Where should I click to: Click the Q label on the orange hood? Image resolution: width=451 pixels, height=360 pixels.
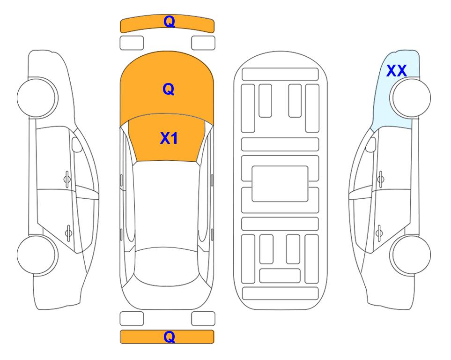coord(169,89)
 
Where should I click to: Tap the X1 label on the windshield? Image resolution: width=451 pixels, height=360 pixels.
coord(169,138)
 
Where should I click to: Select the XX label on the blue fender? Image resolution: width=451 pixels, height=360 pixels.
coord(396,71)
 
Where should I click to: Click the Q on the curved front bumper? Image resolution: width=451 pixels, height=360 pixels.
coord(169,22)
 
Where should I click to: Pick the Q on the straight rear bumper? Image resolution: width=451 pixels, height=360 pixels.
coord(169,337)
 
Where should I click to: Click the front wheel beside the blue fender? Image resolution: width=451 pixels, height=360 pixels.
coord(410,98)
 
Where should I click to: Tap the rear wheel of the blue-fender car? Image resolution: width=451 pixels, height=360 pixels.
coord(410,255)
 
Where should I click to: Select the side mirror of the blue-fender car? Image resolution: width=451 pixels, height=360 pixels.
coord(371,144)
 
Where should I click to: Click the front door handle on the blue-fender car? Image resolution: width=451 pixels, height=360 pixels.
coord(381,179)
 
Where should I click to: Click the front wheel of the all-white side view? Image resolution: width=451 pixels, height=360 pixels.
coord(37,98)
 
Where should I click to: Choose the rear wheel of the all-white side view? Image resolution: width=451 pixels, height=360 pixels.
coord(37,255)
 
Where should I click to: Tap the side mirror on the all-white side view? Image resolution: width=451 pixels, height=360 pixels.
coord(77,144)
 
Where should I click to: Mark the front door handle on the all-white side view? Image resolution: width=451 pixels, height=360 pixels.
coord(67,179)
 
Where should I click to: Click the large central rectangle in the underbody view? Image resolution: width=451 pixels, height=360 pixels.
coord(280,184)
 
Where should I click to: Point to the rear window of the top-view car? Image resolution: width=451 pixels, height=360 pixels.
coord(168,266)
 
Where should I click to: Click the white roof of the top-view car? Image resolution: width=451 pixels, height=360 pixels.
coord(167,205)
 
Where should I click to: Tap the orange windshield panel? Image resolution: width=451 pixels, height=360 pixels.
coord(167,138)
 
